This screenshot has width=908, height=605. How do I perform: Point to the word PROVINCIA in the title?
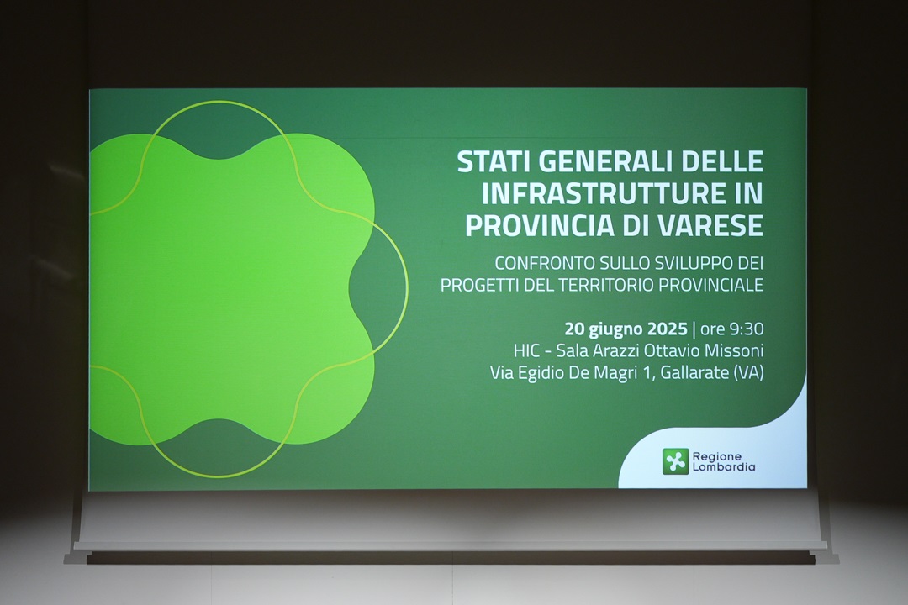(x=540, y=225)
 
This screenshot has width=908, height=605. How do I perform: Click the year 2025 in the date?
(x=667, y=329)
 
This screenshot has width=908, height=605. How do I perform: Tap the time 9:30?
(x=747, y=329)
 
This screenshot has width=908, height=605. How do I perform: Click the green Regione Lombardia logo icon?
(x=676, y=461)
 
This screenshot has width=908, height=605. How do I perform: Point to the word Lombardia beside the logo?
(x=724, y=466)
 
